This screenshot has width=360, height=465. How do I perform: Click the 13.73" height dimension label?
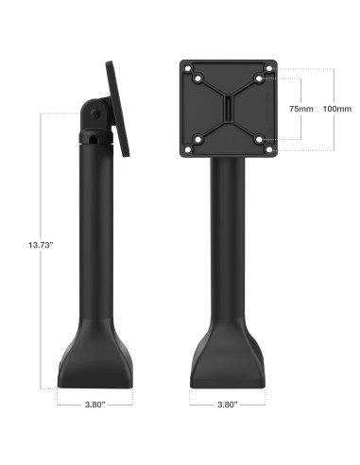(x=27, y=245)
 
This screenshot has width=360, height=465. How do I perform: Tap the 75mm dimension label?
(x=300, y=109)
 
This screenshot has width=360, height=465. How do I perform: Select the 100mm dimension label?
(x=337, y=109)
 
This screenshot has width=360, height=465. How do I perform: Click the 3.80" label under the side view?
(x=94, y=404)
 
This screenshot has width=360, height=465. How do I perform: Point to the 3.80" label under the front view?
(x=227, y=404)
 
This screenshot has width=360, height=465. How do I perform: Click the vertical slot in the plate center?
(x=227, y=109)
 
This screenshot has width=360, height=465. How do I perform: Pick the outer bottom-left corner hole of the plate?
(x=186, y=149)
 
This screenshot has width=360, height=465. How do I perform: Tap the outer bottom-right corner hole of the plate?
(x=268, y=149)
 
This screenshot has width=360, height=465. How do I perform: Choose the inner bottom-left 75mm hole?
(x=197, y=139)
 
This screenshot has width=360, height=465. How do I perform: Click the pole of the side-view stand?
(x=94, y=236)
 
